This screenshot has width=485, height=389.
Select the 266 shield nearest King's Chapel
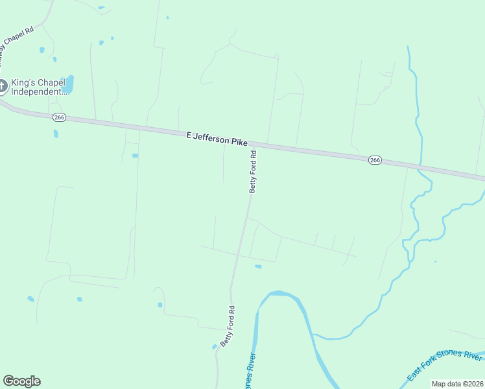point(59,117)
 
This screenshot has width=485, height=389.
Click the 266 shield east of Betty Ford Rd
point(374,160)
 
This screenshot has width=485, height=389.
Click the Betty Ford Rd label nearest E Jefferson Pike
point(254,172)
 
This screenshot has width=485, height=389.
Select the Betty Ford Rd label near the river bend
point(228,326)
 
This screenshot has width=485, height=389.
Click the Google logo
point(21,381)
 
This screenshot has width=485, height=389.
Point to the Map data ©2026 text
point(458,384)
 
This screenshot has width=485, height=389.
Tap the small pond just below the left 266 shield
point(56,134)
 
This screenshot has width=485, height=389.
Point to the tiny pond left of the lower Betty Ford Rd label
point(215,346)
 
